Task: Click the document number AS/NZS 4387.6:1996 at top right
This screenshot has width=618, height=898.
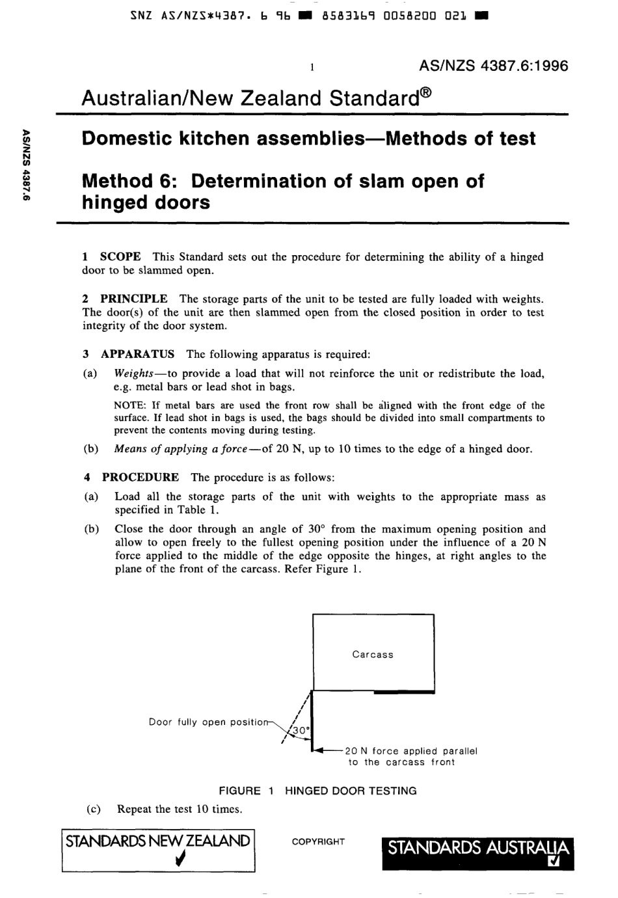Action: click(x=494, y=66)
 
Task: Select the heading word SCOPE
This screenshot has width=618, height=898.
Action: click(x=120, y=257)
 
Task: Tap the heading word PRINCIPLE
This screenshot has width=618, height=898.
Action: click(x=133, y=299)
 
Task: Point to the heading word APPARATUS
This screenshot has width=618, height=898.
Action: click(x=137, y=354)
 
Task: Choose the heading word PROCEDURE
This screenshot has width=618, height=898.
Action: click(x=140, y=477)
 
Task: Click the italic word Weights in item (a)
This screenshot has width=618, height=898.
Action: click(x=133, y=374)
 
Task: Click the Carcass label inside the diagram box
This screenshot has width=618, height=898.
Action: click(x=373, y=655)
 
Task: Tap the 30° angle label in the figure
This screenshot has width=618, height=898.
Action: click(x=301, y=731)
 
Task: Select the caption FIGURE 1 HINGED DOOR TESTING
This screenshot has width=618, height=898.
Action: click(x=317, y=791)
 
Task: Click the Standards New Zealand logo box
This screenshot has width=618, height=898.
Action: click(x=158, y=850)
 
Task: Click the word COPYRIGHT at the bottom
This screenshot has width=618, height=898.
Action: click(x=318, y=841)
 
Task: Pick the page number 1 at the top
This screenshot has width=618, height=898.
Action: click(x=312, y=66)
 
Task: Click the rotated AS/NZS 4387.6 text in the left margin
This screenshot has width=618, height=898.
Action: click(x=27, y=166)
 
